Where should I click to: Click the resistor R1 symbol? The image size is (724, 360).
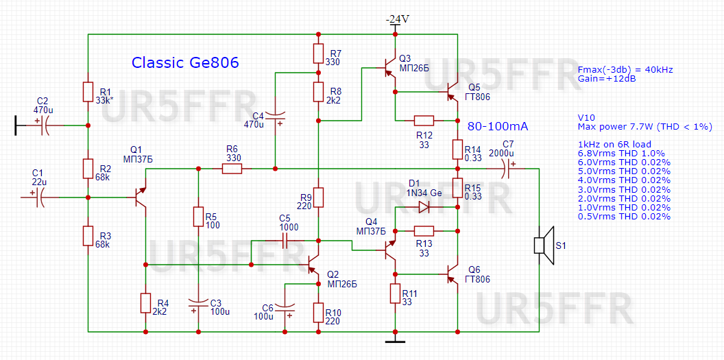click(88, 92)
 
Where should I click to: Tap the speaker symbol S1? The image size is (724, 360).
click(543, 245)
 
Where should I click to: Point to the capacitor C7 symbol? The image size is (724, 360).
click(508, 168)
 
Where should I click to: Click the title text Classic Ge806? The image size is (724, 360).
click(185, 63)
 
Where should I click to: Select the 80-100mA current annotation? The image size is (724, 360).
click(498, 127)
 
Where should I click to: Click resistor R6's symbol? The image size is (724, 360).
click(231, 168)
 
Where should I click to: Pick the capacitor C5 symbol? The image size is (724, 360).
click(285, 241)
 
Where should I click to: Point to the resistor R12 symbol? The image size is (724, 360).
click(424, 120)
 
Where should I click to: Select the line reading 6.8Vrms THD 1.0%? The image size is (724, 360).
click(623, 153)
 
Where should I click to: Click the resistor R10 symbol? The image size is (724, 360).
click(319, 313)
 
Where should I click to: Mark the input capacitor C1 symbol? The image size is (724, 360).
click(38, 197)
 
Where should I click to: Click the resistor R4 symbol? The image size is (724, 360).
click(145, 303)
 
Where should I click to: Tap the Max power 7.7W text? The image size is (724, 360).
click(644, 127)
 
